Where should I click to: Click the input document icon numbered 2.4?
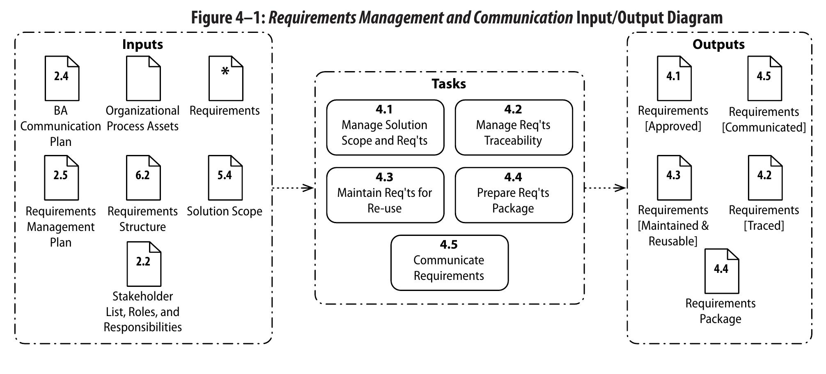pyautogui.click(x=62, y=78)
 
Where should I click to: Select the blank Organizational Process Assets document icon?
pyautogui.click(x=143, y=78)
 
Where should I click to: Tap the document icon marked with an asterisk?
pyautogui.click(x=225, y=78)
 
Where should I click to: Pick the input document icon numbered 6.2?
pyautogui.click(x=143, y=178)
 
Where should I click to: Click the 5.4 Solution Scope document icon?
pyautogui.click(x=225, y=178)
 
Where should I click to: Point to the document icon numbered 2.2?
pyautogui.click(x=144, y=264)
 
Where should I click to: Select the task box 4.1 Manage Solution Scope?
pyautogui.click(x=385, y=127)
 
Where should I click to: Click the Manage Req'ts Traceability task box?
pyautogui.click(x=513, y=127)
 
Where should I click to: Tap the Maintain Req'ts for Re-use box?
pyautogui.click(x=385, y=195)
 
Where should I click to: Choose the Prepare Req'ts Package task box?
pyautogui.click(x=513, y=195)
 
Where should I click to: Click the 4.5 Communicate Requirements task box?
pyautogui.click(x=449, y=263)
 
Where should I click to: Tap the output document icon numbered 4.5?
pyautogui.click(x=764, y=78)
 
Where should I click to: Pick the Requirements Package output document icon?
pyautogui.click(x=721, y=271)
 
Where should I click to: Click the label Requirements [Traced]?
pyautogui.click(x=764, y=218)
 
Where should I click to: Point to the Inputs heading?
pyautogui.click(x=142, y=44)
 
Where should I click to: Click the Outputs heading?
pyautogui.click(x=718, y=44)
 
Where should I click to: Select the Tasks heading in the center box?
pyautogui.click(x=449, y=84)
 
